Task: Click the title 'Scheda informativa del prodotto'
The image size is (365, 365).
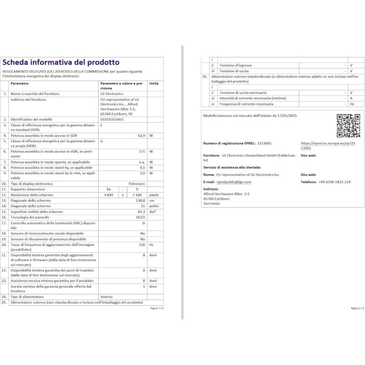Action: click(61, 63)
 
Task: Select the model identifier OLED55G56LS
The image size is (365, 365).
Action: click(112, 119)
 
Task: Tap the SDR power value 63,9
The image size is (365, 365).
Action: click(141, 136)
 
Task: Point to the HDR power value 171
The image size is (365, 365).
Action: click(142, 151)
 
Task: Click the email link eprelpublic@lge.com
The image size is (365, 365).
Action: click(234, 182)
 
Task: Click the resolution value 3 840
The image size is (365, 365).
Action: click(108, 195)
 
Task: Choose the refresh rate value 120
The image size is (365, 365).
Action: click(141, 245)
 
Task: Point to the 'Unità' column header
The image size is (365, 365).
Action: click(154, 83)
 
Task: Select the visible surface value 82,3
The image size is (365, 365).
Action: click(141, 212)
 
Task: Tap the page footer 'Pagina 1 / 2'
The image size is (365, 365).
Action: click(156, 308)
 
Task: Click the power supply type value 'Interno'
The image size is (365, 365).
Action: click(106, 297)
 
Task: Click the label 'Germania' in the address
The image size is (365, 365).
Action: click(211, 203)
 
